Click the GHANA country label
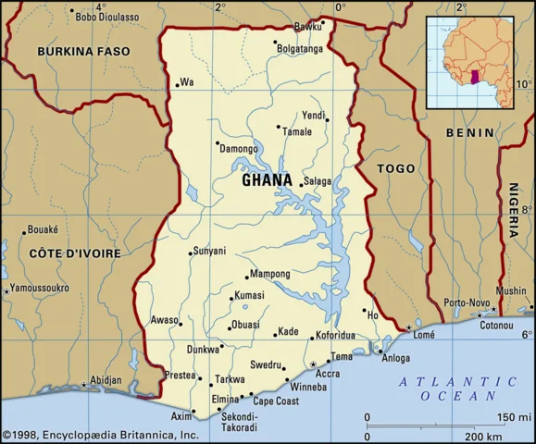click(x=267, y=181)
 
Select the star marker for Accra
click(x=313, y=364)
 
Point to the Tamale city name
click(x=297, y=131)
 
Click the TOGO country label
click(x=396, y=168)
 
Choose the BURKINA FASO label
click(x=84, y=53)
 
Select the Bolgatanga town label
click(x=301, y=48)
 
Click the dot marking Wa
click(x=176, y=86)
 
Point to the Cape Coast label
click(x=276, y=401)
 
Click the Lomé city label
click(x=424, y=335)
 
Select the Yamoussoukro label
click(x=40, y=288)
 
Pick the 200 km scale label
click(x=482, y=435)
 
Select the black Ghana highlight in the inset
click(x=474, y=79)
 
